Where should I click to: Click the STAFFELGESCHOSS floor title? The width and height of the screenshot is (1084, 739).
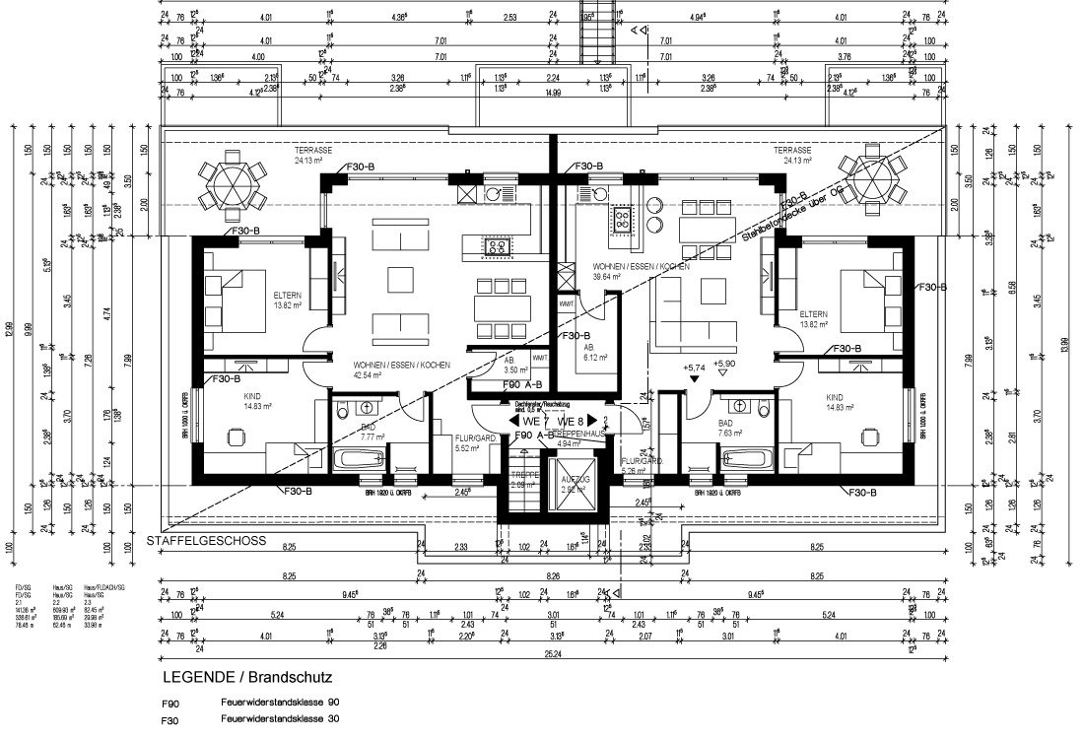[x=204, y=541]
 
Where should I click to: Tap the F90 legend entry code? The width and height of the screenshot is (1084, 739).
[x=170, y=704]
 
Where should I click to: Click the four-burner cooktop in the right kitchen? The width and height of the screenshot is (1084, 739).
[x=623, y=221]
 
